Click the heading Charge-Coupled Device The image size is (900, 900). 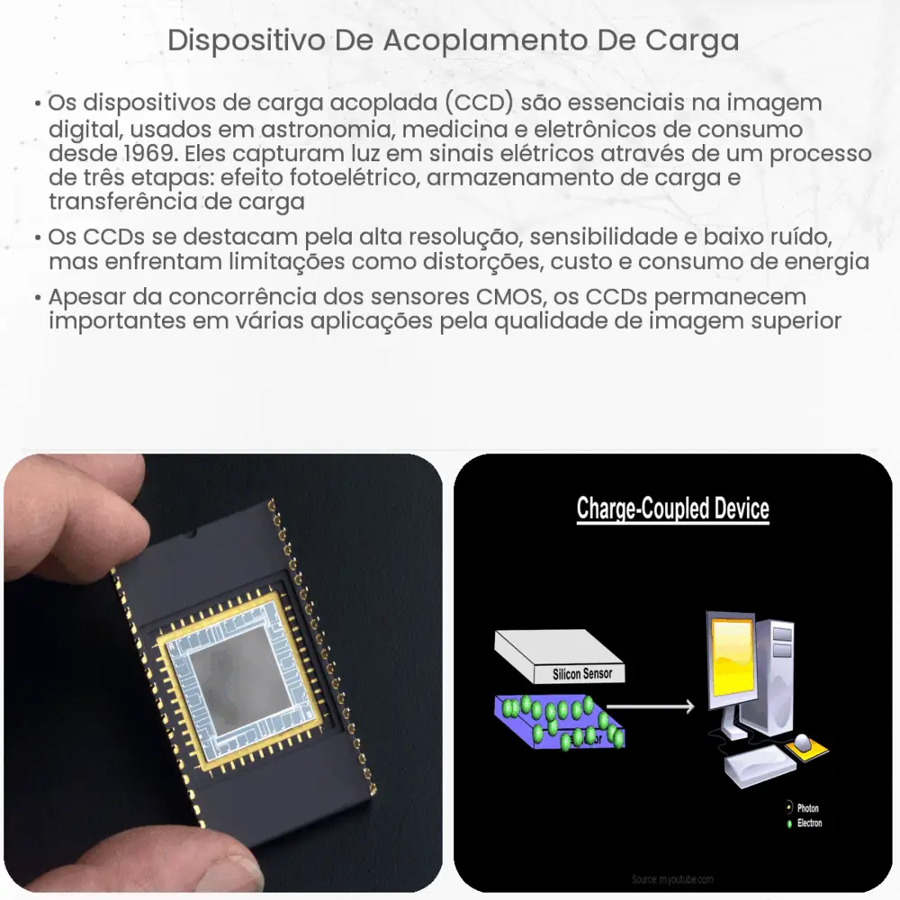[672, 508]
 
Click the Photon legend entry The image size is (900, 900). [806, 808]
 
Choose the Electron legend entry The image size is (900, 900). [808, 823]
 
